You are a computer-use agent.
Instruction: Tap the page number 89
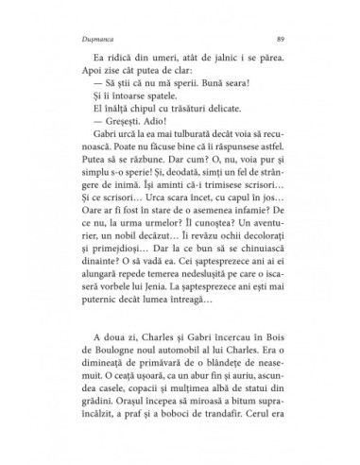(284, 39)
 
